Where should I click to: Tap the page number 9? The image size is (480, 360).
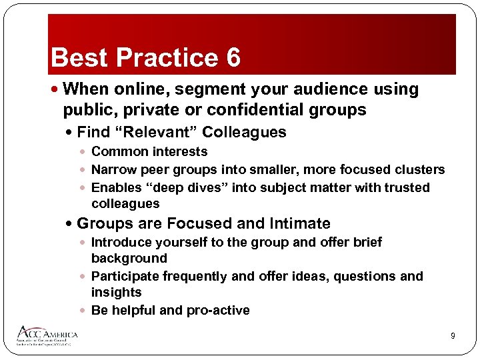pyautogui.click(x=453, y=336)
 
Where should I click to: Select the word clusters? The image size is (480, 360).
pyautogui.click(x=417, y=169)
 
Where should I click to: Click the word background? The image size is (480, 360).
pyautogui.click(x=129, y=258)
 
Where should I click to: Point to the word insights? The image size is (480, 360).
pyautogui.click(x=116, y=292)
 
